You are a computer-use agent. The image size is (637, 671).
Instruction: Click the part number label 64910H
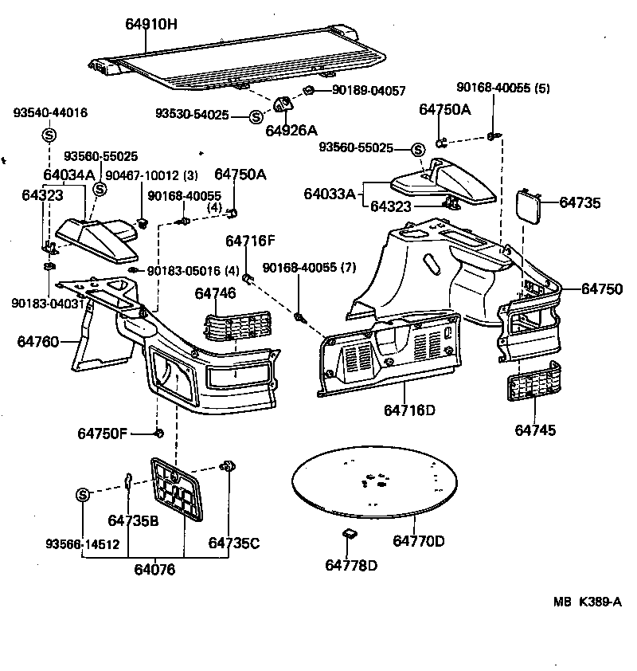pos(151,25)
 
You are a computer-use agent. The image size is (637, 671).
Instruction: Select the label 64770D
pos(418,541)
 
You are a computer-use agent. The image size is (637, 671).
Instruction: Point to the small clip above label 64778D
pos(348,534)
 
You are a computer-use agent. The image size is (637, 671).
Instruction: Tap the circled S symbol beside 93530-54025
pos(256,116)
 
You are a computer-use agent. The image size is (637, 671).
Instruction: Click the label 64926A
pos(291,130)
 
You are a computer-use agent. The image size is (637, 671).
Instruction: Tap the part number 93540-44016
pos(50,113)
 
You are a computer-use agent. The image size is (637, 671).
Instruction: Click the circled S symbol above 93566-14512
pos(83,495)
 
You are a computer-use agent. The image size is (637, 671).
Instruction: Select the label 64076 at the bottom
pos(154,569)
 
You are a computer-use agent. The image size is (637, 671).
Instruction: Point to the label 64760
pos(37,342)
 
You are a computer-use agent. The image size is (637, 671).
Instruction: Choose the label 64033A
pos(330,194)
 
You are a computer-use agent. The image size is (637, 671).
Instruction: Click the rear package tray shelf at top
pos(239,64)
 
